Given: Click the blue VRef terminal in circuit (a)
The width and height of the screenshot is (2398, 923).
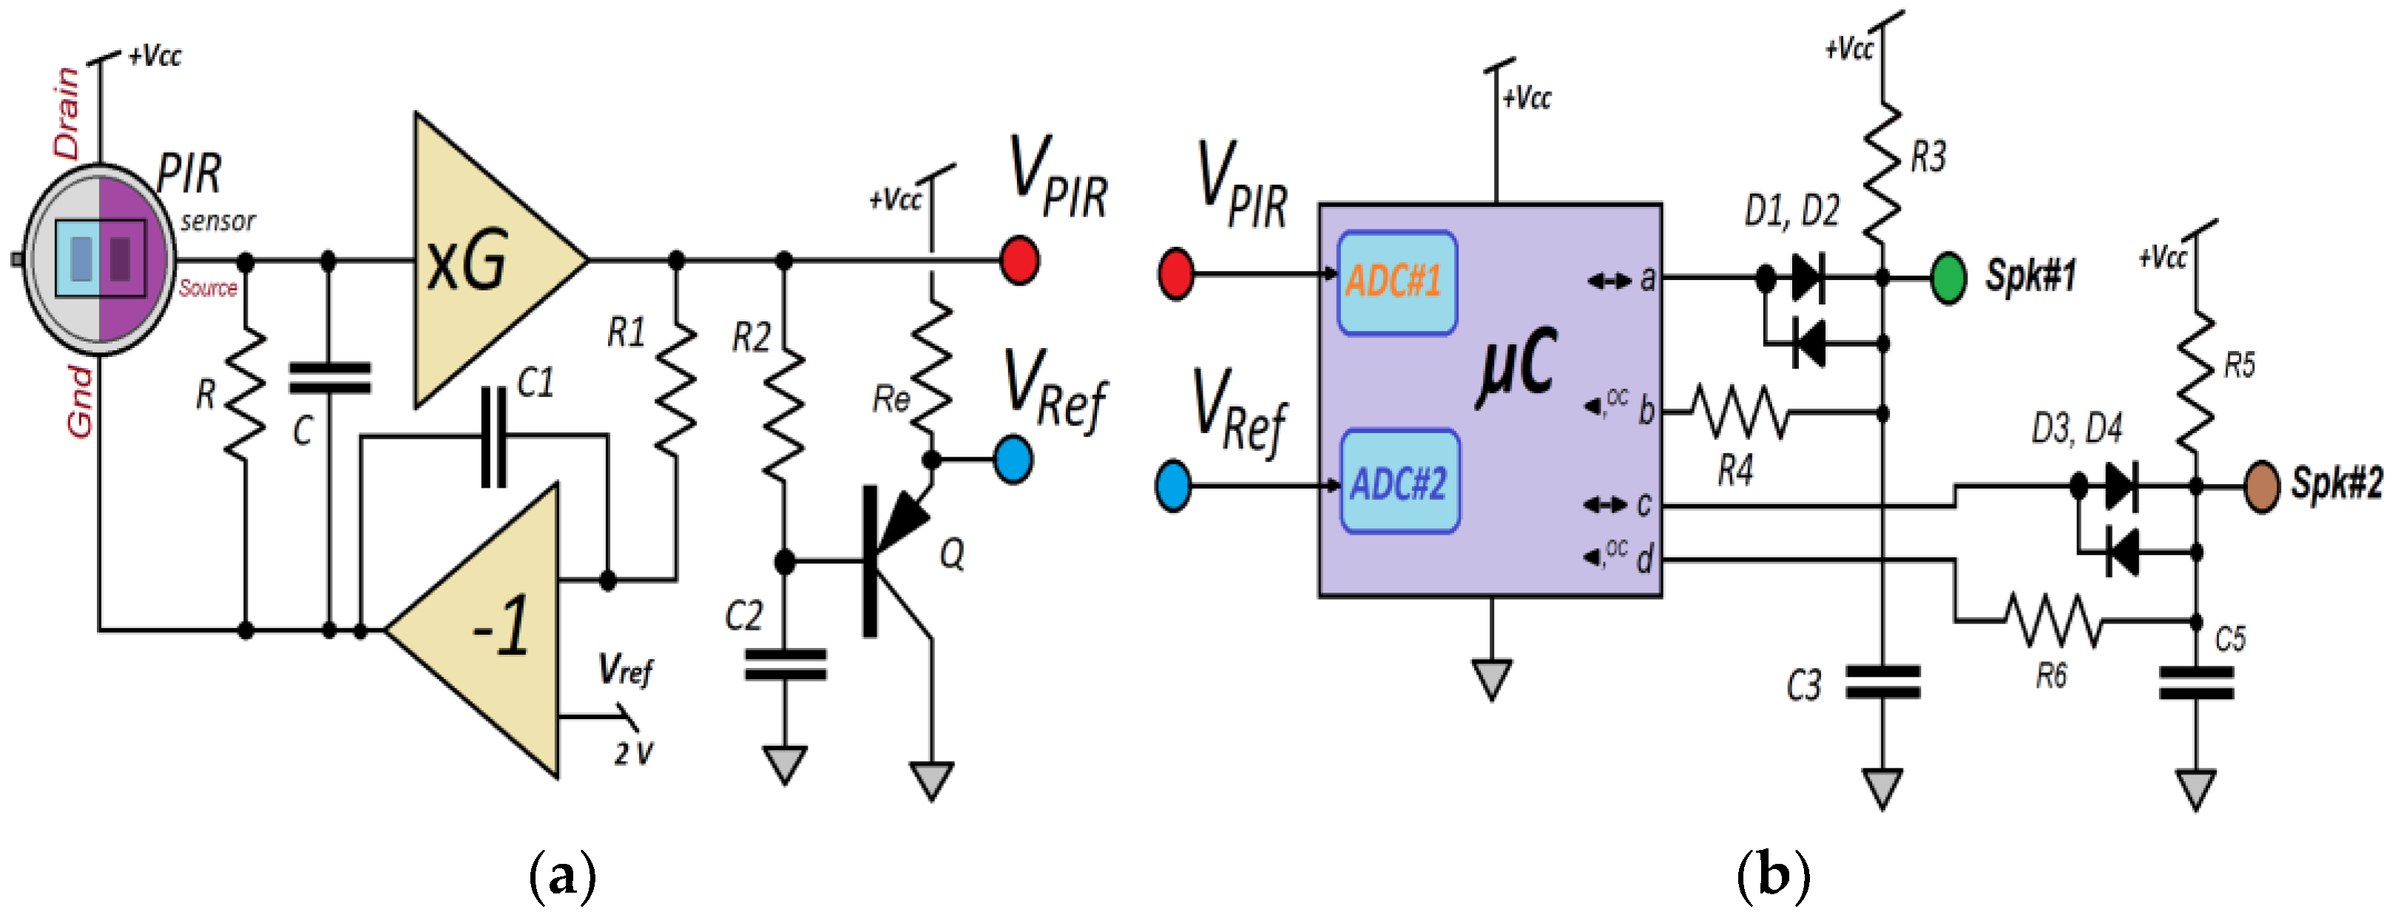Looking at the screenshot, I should pyautogui.click(x=1013, y=460).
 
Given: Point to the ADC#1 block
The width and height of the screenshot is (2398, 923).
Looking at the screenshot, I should pyautogui.click(x=1396, y=282).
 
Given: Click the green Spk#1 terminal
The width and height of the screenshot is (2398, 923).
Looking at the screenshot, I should pyautogui.click(x=1948, y=277).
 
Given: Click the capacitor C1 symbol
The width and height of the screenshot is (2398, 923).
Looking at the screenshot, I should pyautogui.click(x=493, y=437).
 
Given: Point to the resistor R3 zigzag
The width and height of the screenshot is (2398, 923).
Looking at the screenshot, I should pyautogui.click(x=1882, y=172).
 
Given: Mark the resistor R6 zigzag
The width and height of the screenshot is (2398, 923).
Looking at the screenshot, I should pyautogui.click(x=2053, y=621).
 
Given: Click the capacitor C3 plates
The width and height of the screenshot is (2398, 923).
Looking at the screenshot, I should pyautogui.click(x=1882, y=681).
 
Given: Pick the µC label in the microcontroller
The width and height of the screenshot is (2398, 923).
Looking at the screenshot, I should pyautogui.click(x=1517, y=367).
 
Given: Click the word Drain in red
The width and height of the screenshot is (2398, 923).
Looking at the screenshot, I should pyautogui.click(x=67, y=112).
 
